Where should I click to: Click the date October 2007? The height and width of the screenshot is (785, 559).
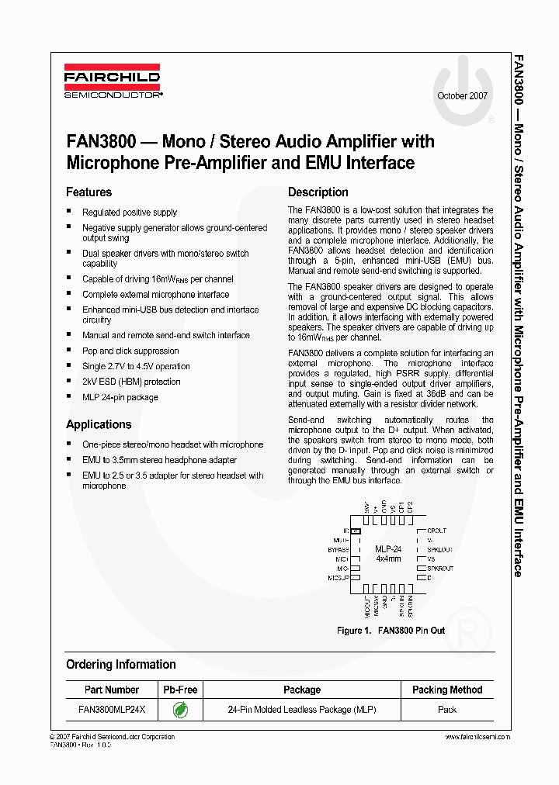[463, 96]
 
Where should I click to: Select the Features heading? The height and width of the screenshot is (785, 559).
[89, 192]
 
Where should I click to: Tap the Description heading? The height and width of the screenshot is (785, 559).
[318, 192]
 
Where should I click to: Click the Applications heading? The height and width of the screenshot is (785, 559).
[99, 424]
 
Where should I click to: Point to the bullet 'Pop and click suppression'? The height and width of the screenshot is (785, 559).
[130, 351]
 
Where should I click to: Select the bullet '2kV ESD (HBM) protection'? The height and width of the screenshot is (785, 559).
[131, 382]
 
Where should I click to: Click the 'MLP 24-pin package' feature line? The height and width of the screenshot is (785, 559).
[120, 397]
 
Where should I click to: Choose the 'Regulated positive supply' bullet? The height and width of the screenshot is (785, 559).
[130, 212]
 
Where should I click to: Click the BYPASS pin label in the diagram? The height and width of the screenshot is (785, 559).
[339, 549]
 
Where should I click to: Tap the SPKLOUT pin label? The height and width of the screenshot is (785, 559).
[439, 549]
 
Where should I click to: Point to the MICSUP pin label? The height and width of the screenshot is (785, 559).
[338, 578]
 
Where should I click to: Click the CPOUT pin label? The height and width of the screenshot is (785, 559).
[436, 531]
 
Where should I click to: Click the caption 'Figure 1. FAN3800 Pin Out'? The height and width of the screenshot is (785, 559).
[391, 631]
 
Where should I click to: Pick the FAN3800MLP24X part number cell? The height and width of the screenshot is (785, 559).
[112, 709]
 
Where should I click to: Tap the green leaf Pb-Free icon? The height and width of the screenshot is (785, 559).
[179, 709]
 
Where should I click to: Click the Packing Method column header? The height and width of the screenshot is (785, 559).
[446, 690]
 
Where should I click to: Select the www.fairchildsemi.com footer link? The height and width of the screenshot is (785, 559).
[478, 737]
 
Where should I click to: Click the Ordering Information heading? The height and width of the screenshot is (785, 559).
[120, 665]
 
